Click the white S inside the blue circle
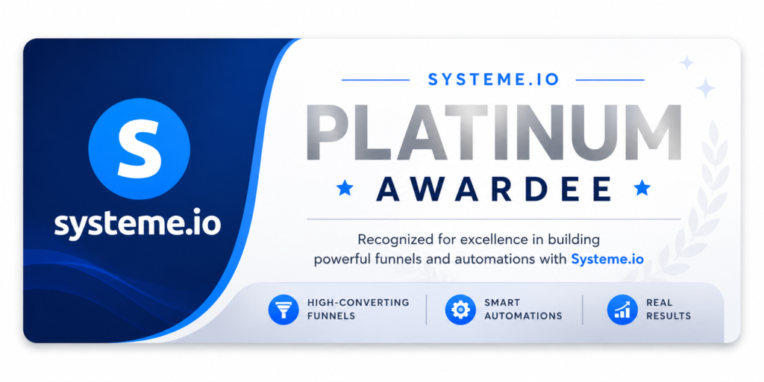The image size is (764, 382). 139,148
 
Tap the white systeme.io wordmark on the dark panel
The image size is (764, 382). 138,223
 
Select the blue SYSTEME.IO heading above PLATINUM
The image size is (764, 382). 493,80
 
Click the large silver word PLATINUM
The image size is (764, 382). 493,131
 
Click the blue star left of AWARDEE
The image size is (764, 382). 345,187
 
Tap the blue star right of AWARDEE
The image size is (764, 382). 642,187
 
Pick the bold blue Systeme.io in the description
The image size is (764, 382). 607,259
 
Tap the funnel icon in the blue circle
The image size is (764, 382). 283,310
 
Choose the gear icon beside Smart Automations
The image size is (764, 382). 460,310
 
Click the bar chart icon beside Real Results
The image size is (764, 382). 622,310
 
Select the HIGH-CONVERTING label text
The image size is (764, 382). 358,303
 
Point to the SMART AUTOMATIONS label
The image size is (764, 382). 523,310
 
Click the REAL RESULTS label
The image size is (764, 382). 668,310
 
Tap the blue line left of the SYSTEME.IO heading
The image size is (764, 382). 376,80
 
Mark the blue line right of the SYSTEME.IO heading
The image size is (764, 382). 610,80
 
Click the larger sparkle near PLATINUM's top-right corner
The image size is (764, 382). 705,88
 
